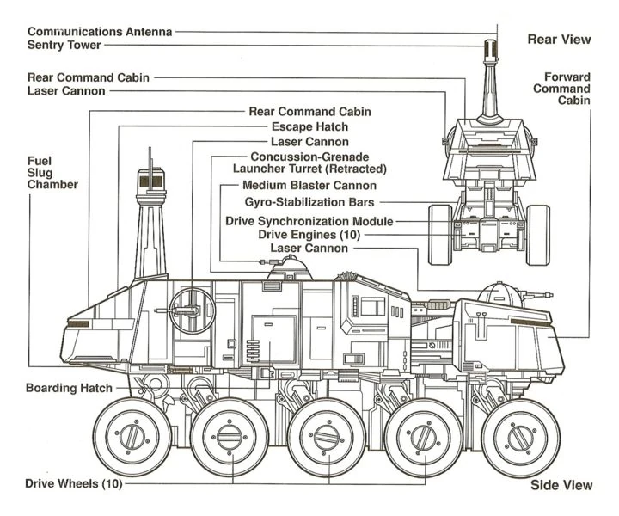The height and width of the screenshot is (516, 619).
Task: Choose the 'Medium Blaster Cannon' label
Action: click(309, 185)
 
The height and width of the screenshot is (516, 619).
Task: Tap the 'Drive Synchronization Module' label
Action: click(309, 221)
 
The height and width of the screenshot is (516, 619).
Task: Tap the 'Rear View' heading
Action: click(561, 40)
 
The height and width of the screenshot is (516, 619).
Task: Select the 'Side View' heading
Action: click(561, 485)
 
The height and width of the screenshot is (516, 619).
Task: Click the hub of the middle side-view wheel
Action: click(322, 436)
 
